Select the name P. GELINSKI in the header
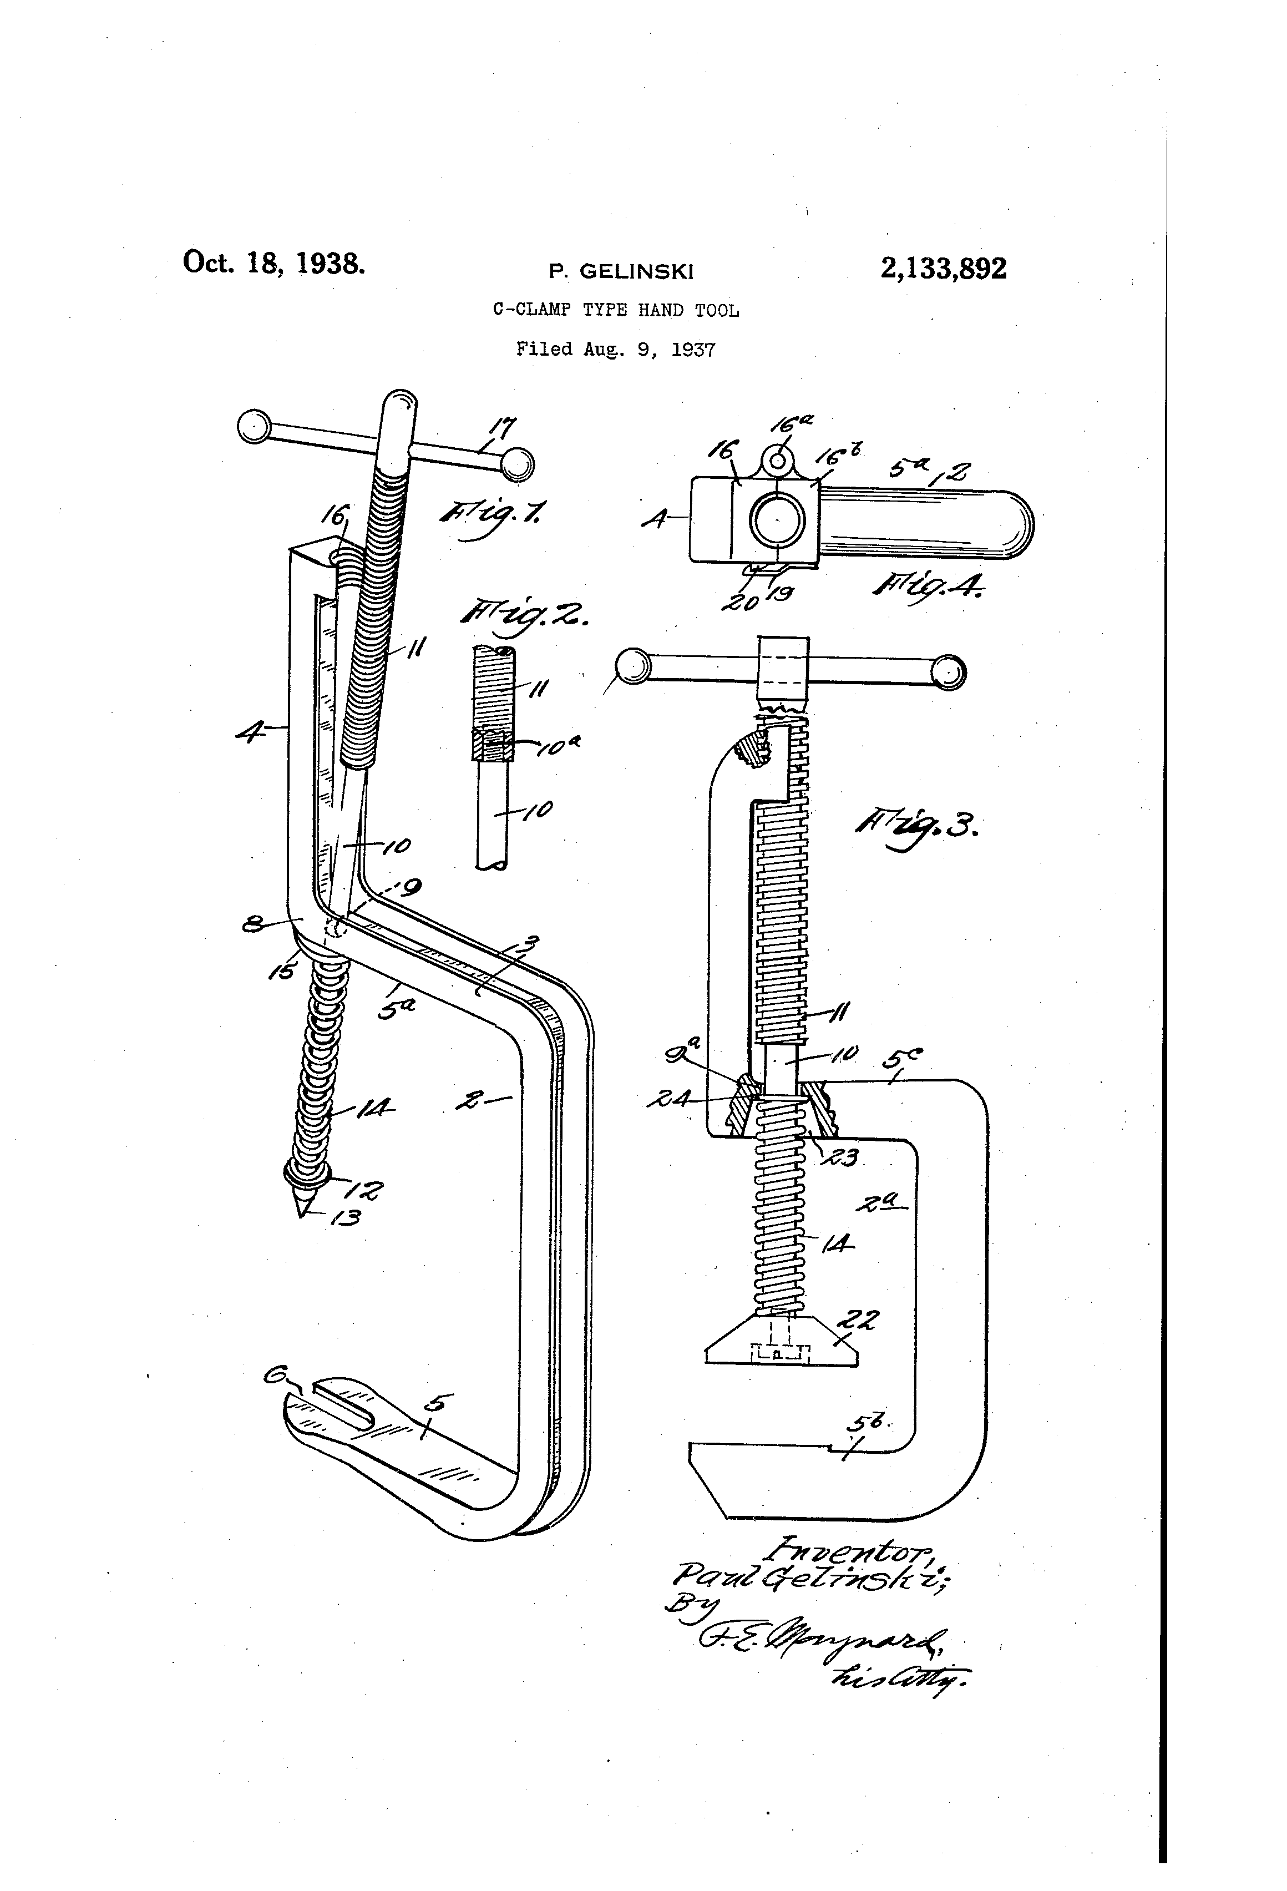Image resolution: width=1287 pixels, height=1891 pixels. [x=621, y=272]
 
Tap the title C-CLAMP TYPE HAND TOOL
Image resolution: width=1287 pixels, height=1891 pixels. [x=616, y=310]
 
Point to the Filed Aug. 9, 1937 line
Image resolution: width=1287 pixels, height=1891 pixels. [x=616, y=350]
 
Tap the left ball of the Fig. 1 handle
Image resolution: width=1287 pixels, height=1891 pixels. [x=254, y=426]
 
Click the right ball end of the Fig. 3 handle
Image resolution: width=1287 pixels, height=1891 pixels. [x=947, y=672]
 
